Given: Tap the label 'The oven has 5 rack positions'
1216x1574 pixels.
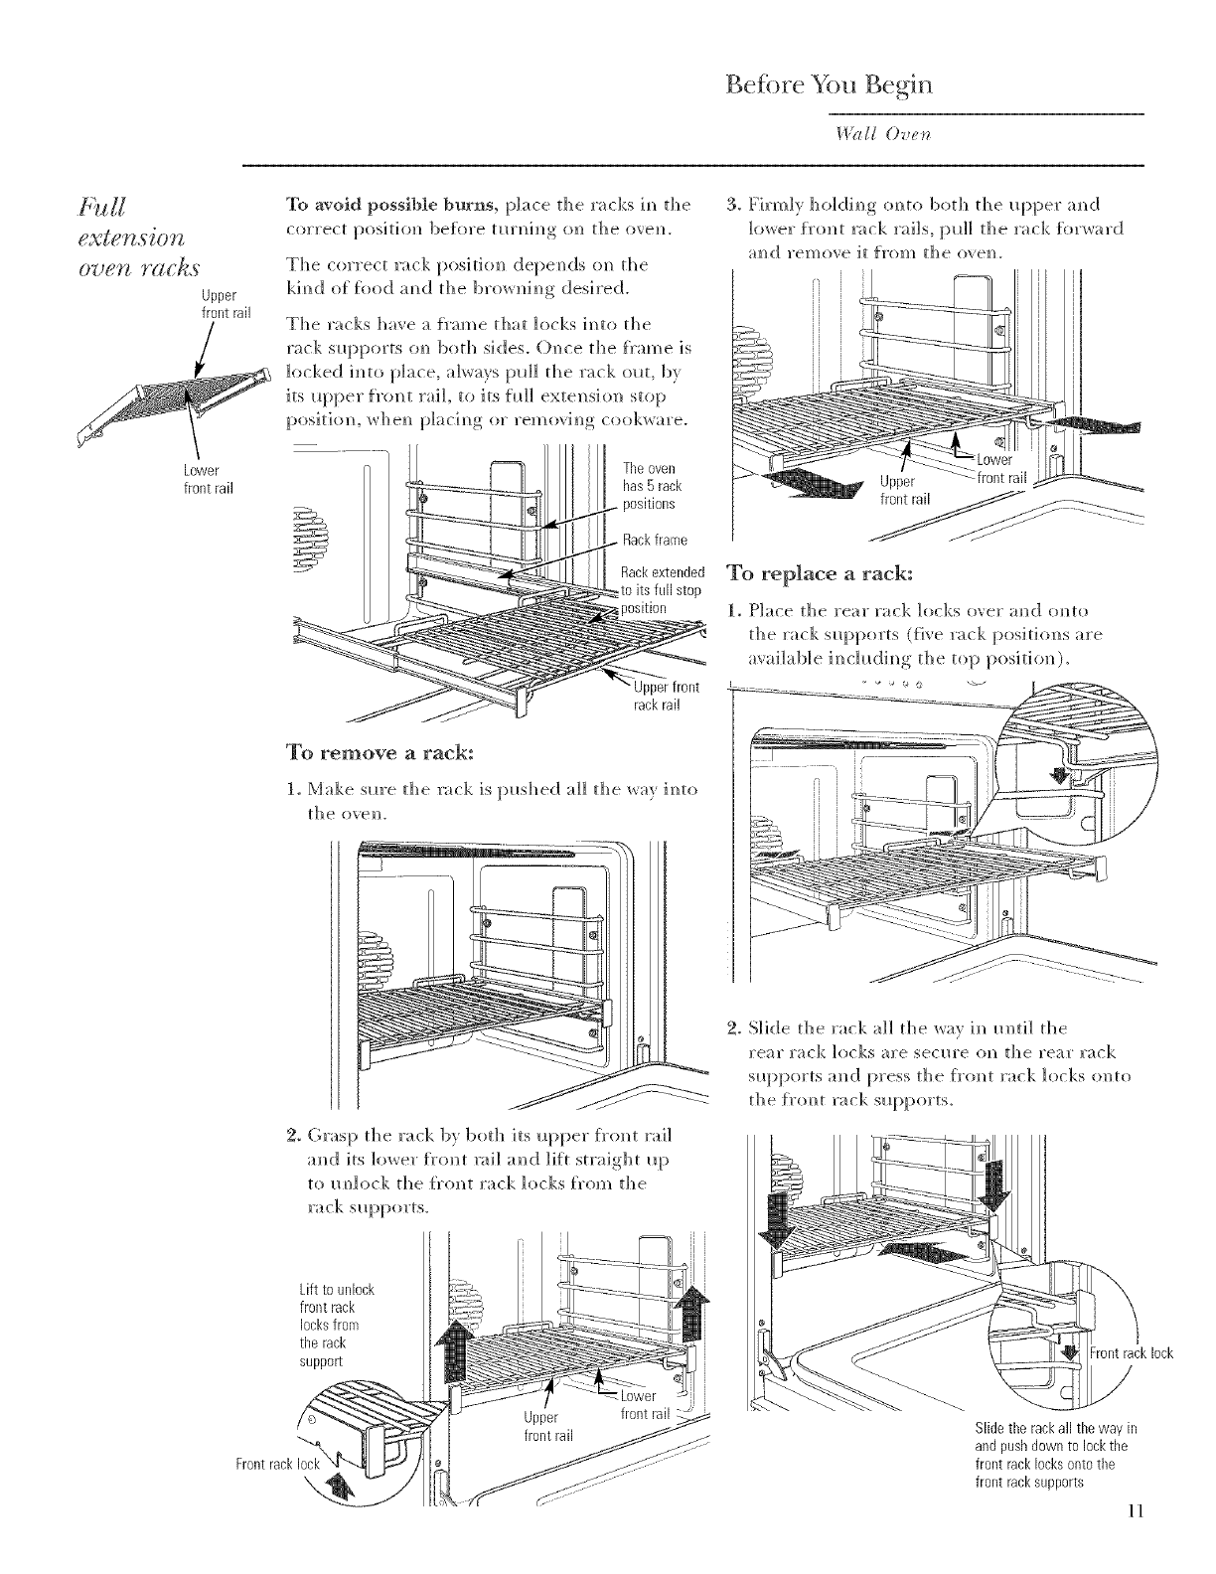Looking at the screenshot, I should tap(651, 487).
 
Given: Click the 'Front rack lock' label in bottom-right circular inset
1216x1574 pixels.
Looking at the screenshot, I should tap(1131, 1353).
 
